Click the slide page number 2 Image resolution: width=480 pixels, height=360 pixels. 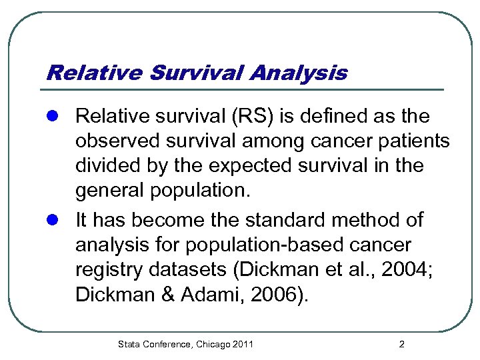coord(401,345)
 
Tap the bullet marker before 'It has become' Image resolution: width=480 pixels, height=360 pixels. coord(56,219)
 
